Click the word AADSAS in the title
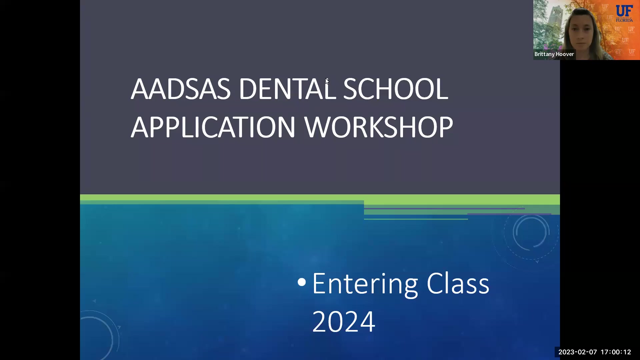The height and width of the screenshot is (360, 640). coord(180,89)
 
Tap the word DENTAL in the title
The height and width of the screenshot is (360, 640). coord(287,89)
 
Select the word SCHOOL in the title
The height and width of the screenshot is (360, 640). coord(395,89)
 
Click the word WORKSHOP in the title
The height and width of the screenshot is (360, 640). coord(379,127)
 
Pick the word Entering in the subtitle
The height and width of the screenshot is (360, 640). coord(365,284)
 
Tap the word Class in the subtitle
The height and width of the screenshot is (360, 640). coord(458,284)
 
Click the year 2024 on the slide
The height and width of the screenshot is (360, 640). coord(344,322)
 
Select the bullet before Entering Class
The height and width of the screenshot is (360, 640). coord(302,282)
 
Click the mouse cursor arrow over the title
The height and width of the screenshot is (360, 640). coord(327,81)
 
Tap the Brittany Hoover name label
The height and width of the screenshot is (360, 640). coord(554,54)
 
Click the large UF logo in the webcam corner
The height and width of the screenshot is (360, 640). coord(624,11)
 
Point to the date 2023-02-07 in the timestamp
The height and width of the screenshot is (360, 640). coord(578,352)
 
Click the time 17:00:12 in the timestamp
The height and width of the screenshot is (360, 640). coord(616,352)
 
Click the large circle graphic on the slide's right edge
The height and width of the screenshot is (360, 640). coord(531,233)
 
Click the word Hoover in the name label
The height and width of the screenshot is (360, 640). coord(565,54)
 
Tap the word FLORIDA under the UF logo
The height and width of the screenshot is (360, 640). coord(624,20)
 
